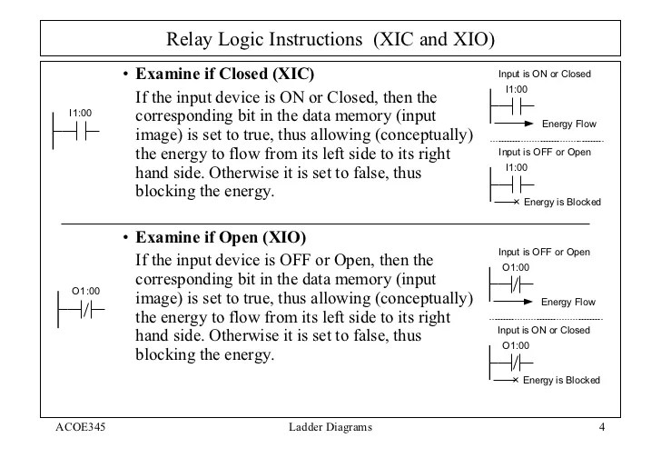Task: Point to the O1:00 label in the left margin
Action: point(85,291)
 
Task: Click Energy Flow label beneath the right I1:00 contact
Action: point(567,123)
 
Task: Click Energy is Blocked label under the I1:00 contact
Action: point(562,202)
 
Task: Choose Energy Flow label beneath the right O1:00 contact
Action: point(567,301)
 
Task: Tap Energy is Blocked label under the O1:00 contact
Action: point(562,380)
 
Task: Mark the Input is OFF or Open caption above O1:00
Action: point(545,251)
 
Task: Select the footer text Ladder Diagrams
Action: point(328,426)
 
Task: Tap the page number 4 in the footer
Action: point(602,426)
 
